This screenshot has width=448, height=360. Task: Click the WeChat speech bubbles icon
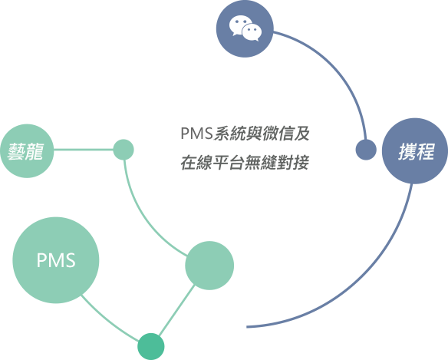pos(245,28)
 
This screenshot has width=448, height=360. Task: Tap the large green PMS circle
pos(56,260)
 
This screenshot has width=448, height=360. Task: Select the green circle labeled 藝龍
pos(27,150)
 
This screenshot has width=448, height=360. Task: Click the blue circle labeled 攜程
pos(415,150)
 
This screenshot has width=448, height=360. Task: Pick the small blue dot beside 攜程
pos(366,150)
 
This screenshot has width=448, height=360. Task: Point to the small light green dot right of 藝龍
pos(124,150)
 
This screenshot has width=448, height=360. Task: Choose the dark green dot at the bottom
pos(151,346)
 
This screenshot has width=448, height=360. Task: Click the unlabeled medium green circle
pos(209,266)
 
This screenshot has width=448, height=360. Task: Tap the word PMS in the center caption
pos(197,134)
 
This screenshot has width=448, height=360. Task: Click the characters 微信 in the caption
pos(278,134)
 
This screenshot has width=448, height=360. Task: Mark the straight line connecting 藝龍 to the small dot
pos(84,150)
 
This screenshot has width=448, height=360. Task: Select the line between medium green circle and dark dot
pos(177,310)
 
